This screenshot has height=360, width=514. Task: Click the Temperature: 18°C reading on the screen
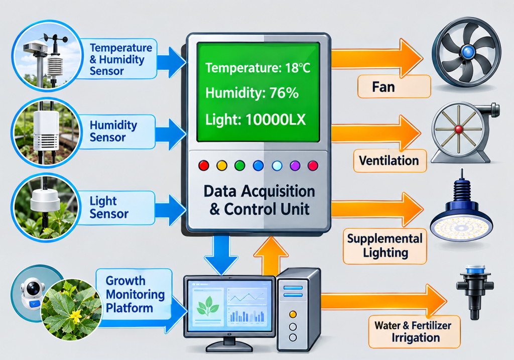(258, 68)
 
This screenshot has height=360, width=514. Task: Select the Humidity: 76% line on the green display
(252, 93)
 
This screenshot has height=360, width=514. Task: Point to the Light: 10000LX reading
(255, 119)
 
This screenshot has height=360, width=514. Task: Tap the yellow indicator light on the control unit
(222, 165)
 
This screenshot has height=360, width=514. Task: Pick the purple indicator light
(295, 166)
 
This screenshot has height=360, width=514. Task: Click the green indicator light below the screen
(240, 165)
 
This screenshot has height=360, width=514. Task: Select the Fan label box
(394, 86)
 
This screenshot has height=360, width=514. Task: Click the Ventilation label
(390, 161)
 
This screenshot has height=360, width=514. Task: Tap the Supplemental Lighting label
(385, 246)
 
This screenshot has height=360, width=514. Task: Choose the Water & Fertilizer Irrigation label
(414, 331)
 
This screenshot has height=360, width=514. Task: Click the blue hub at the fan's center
(467, 52)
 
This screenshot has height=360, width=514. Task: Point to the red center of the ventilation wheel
(459, 129)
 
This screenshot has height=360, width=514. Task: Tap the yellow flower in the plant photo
(76, 317)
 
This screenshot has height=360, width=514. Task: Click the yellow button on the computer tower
(293, 314)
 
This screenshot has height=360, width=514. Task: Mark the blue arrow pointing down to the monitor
(221, 255)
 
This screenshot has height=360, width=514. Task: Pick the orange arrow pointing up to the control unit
(271, 256)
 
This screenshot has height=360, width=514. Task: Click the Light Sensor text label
(108, 207)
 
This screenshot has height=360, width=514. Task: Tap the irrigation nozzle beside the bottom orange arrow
(474, 292)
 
